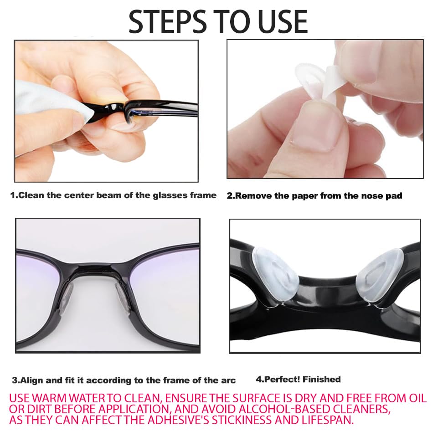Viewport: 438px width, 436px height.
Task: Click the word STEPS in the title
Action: (x=167, y=22)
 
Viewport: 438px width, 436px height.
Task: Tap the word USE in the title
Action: (x=283, y=22)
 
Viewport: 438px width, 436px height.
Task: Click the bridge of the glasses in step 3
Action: (x=95, y=270)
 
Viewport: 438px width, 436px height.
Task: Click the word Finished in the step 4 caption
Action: (x=321, y=380)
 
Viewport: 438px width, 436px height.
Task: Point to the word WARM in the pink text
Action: (x=50, y=398)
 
